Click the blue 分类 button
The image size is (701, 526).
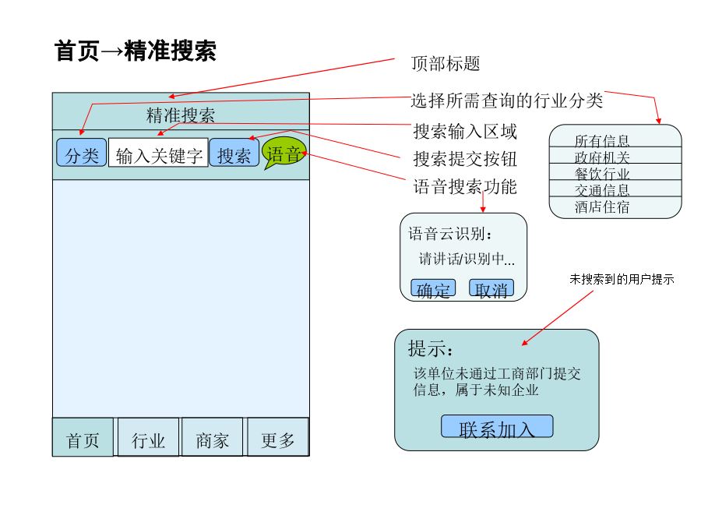81,153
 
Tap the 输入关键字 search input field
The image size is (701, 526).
158,153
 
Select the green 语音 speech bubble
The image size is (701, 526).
284,153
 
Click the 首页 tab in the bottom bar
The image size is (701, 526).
83,437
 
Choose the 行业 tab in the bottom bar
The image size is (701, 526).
148,437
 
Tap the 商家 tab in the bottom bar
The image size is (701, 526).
212,437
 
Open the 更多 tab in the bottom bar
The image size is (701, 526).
277,437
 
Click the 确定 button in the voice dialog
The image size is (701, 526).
433,288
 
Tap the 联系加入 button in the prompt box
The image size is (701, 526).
497,426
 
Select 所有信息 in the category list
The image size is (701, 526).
602,141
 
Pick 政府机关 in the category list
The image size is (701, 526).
602,157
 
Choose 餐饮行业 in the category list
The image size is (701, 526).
602,174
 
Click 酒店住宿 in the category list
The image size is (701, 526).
602,207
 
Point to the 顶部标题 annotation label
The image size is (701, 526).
446,64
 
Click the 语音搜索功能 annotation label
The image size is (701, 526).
465,186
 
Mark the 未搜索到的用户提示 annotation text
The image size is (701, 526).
622,279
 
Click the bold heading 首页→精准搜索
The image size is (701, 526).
135,50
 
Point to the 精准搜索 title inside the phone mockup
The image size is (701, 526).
181,115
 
